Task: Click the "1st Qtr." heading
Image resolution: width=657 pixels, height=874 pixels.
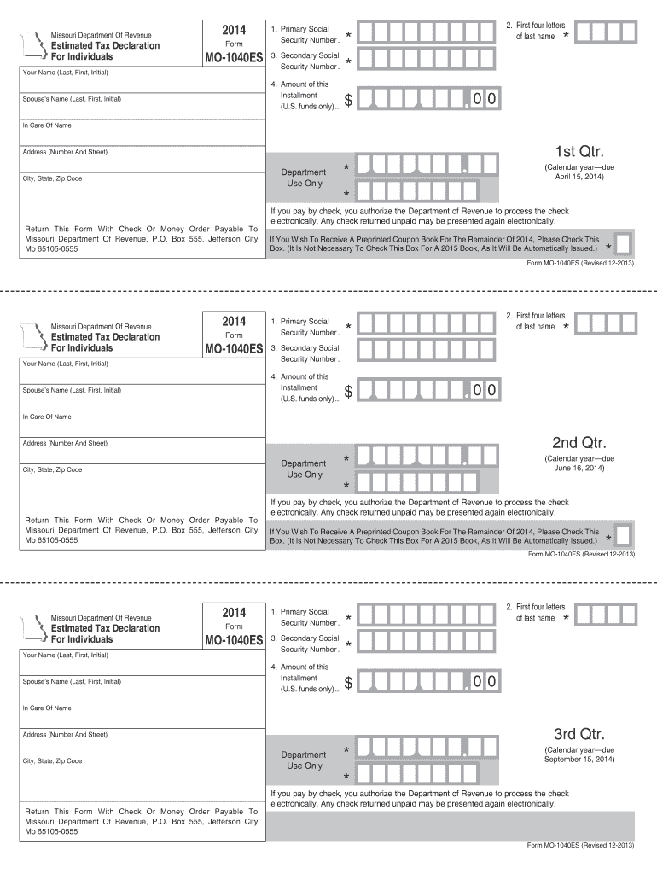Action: (x=579, y=152)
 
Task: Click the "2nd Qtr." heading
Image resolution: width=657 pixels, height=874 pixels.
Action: (x=579, y=443)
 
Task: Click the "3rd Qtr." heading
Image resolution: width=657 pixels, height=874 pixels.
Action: (x=579, y=734)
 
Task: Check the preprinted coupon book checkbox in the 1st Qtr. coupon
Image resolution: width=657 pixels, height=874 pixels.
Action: (x=623, y=244)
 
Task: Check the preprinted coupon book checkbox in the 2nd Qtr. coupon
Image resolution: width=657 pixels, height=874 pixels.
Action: (x=623, y=536)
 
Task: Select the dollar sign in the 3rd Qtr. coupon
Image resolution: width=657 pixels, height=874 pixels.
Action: (x=348, y=683)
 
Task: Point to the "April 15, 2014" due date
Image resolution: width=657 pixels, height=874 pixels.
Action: (x=579, y=177)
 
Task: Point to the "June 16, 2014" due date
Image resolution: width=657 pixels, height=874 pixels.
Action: (x=579, y=468)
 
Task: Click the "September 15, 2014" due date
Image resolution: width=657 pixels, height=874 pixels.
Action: (x=579, y=759)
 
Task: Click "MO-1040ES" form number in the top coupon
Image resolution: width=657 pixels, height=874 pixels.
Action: (x=233, y=58)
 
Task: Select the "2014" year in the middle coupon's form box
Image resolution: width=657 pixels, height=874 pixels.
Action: (x=233, y=321)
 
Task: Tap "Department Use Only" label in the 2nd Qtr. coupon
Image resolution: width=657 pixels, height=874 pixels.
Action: (x=304, y=469)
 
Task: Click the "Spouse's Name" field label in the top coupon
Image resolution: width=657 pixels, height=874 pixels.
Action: (x=73, y=99)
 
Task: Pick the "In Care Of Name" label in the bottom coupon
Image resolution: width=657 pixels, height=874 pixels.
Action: (x=47, y=708)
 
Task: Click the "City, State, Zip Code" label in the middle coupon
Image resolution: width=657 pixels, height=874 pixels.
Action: (x=53, y=469)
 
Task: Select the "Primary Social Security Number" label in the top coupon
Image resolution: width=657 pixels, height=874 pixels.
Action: (x=305, y=35)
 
